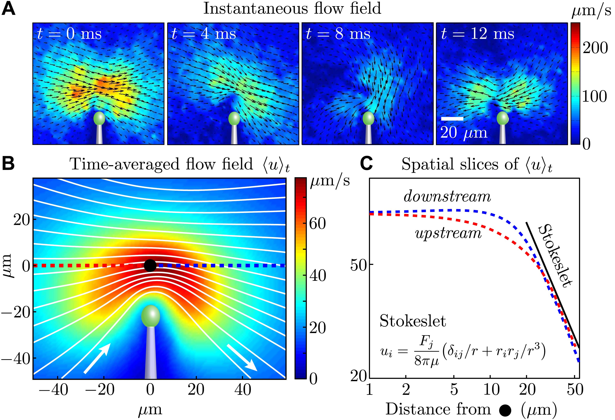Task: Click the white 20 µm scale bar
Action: coord(452,119)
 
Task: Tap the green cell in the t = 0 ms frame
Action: coord(99,118)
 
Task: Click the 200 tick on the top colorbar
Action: coord(595,48)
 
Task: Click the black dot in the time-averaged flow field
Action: coord(150,265)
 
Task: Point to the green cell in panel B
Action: coord(151,316)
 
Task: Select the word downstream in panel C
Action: coord(447,197)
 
